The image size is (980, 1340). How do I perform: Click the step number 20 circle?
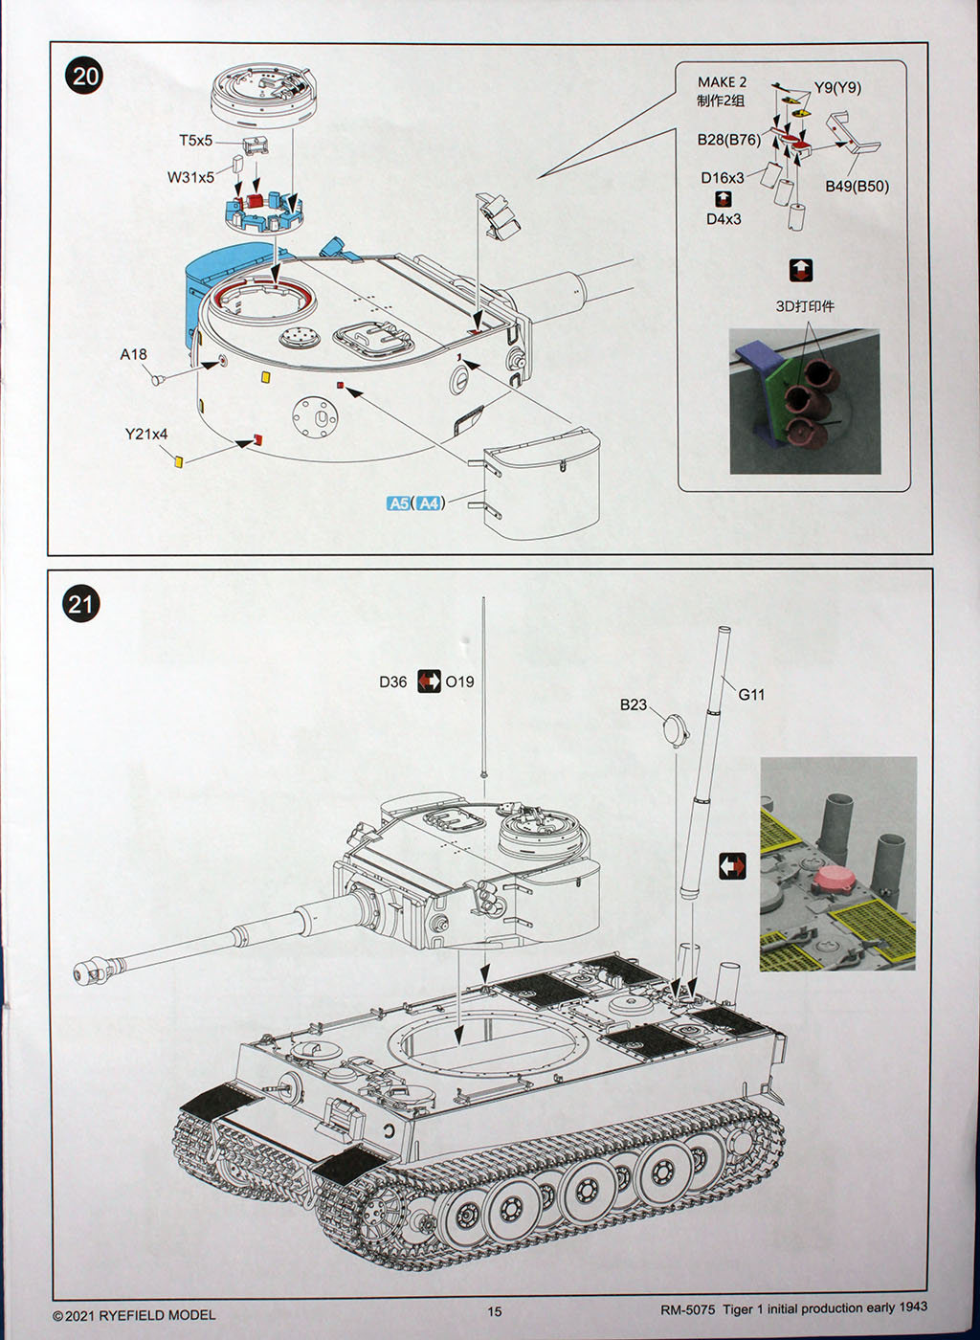click(85, 76)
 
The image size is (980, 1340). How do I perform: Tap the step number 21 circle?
click(81, 604)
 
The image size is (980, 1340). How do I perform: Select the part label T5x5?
click(195, 141)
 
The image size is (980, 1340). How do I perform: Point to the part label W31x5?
click(190, 177)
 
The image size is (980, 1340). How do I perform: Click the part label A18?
click(133, 354)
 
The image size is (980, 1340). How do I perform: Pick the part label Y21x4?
click(145, 434)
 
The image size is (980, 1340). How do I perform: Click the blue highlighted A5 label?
click(399, 503)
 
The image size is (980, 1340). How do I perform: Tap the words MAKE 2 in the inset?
click(722, 82)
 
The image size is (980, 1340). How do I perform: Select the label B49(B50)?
click(857, 186)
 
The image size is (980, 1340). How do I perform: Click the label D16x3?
click(722, 178)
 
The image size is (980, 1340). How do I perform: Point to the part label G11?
click(751, 695)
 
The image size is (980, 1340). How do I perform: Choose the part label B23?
click(633, 704)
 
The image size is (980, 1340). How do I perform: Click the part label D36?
click(392, 681)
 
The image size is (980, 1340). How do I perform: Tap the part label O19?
click(459, 681)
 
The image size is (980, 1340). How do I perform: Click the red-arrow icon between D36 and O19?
click(429, 681)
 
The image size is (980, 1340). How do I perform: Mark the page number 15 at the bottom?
click(494, 1311)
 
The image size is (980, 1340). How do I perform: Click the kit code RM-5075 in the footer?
click(687, 1308)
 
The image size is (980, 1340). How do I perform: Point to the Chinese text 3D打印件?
click(804, 306)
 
